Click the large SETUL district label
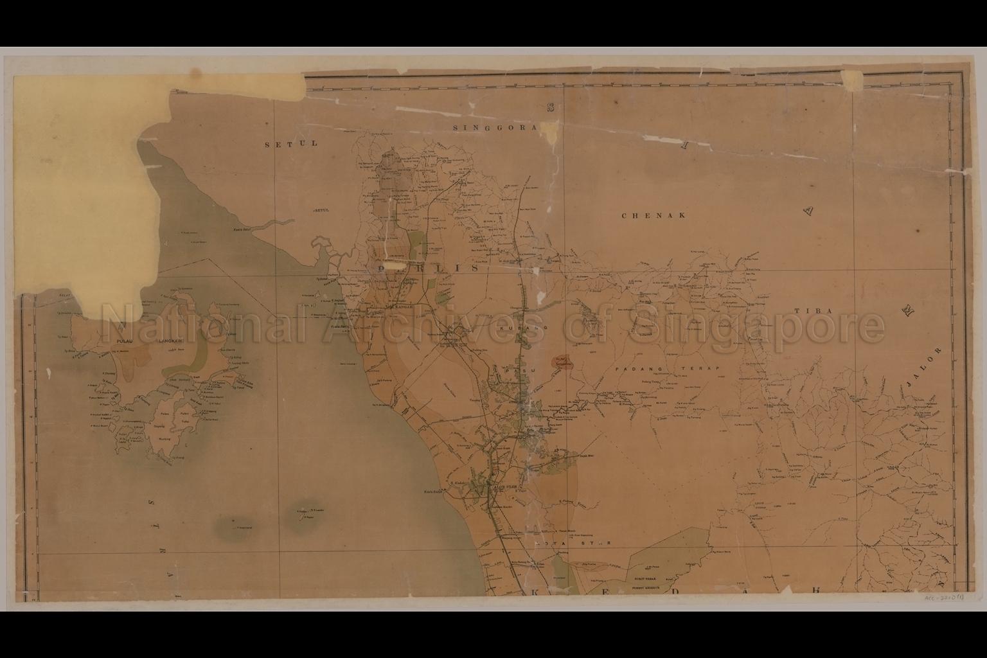pyautogui.click(x=291, y=144)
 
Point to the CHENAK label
pyautogui.click(x=654, y=215)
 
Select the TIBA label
pyautogui.click(x=813, y=311)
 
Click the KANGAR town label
pyautogui.click(x=403, y=307)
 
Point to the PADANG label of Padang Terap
pyautogui.click(x=634, y=369)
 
